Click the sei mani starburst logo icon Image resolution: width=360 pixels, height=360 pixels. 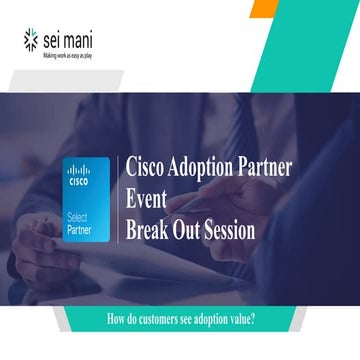pyautogui.click(x=30, y=40)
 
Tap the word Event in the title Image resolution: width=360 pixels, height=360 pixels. pyautogui.click(x=145, y=198)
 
